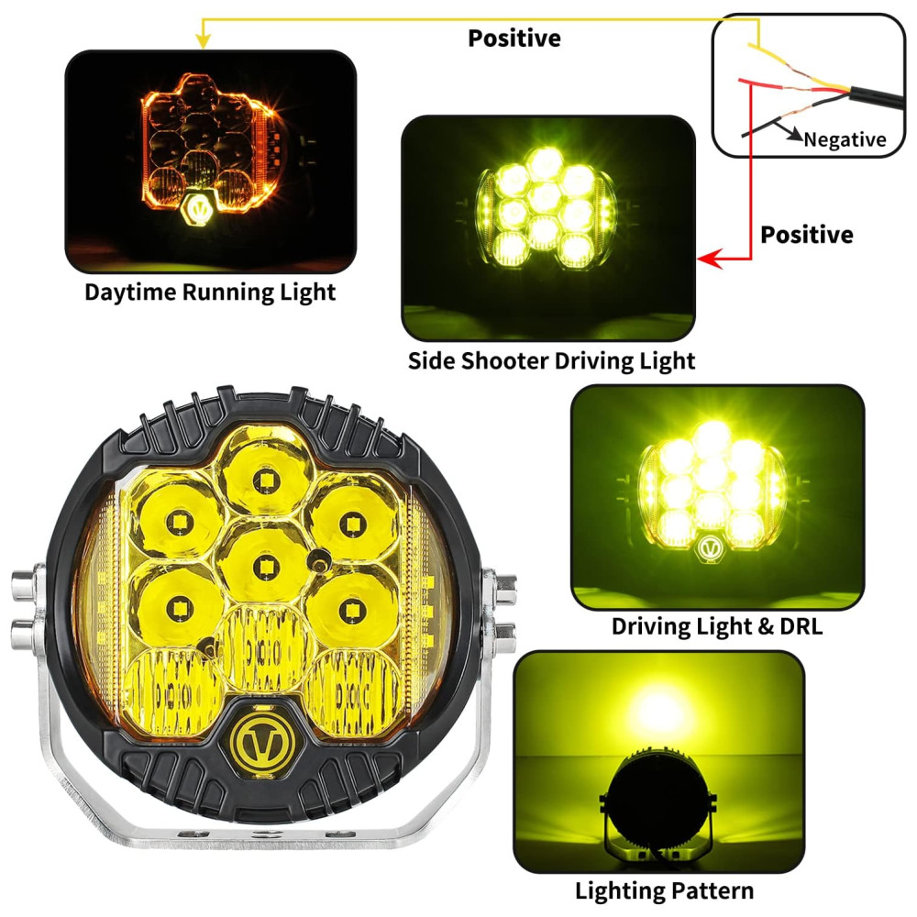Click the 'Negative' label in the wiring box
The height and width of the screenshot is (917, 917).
845,139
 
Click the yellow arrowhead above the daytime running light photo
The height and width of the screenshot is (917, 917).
203,41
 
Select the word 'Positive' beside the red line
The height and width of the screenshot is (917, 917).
806,235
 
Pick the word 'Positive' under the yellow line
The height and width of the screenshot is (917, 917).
514,39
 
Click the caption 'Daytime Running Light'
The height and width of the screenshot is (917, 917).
210,292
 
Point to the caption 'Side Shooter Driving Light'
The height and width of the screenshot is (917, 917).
551,360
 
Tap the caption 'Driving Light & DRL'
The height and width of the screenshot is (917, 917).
717,626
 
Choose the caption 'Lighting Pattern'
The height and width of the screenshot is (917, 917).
664,891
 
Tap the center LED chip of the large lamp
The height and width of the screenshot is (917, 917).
265,566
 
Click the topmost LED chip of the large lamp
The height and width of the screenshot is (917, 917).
266,481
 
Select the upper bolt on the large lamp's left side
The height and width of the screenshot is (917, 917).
24,585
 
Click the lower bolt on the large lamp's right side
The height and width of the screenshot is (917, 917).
504,637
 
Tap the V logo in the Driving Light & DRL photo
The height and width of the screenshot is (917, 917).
710,548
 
